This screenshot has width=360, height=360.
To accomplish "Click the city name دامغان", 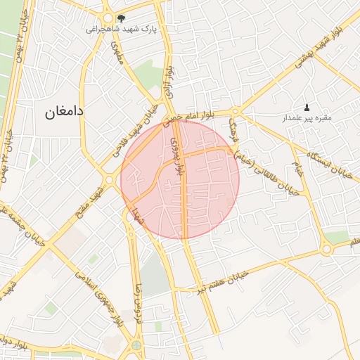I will tap(65, 110).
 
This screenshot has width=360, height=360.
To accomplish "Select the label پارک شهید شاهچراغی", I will tap(117, 30).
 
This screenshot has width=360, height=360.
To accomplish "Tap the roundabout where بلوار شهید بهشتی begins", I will tap(236, 110).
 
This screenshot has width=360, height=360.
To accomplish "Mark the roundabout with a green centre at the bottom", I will tap(135, 345).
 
